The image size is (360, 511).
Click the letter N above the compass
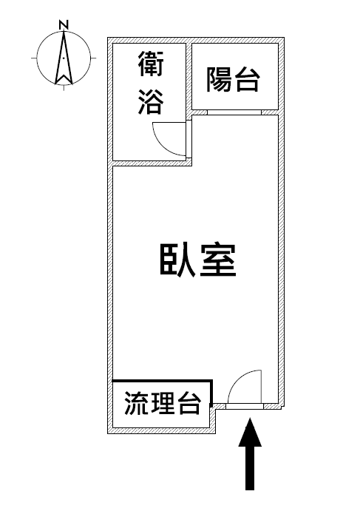[64, 24]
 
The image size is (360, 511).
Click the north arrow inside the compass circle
[64, 58]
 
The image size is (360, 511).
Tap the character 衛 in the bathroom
[151, 64]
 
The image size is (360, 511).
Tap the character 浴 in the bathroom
[151, 101]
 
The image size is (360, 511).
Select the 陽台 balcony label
[234, 79]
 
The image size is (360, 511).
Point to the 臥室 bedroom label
[198, 260]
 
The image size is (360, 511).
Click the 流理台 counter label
[162, 403]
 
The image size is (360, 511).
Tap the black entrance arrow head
[250, 433]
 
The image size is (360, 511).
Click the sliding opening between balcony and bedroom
[234, 112]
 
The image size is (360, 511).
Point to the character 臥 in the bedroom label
[177, 260]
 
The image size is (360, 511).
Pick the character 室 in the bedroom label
[218, 260]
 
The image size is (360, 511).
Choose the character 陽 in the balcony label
[219, 79]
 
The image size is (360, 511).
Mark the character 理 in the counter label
[162, 403]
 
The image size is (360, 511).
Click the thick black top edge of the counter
[162, 380]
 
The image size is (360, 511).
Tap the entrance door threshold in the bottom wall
[245, 406]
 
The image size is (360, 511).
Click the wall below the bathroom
[152, 163]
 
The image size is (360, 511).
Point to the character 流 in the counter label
[136, 403]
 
